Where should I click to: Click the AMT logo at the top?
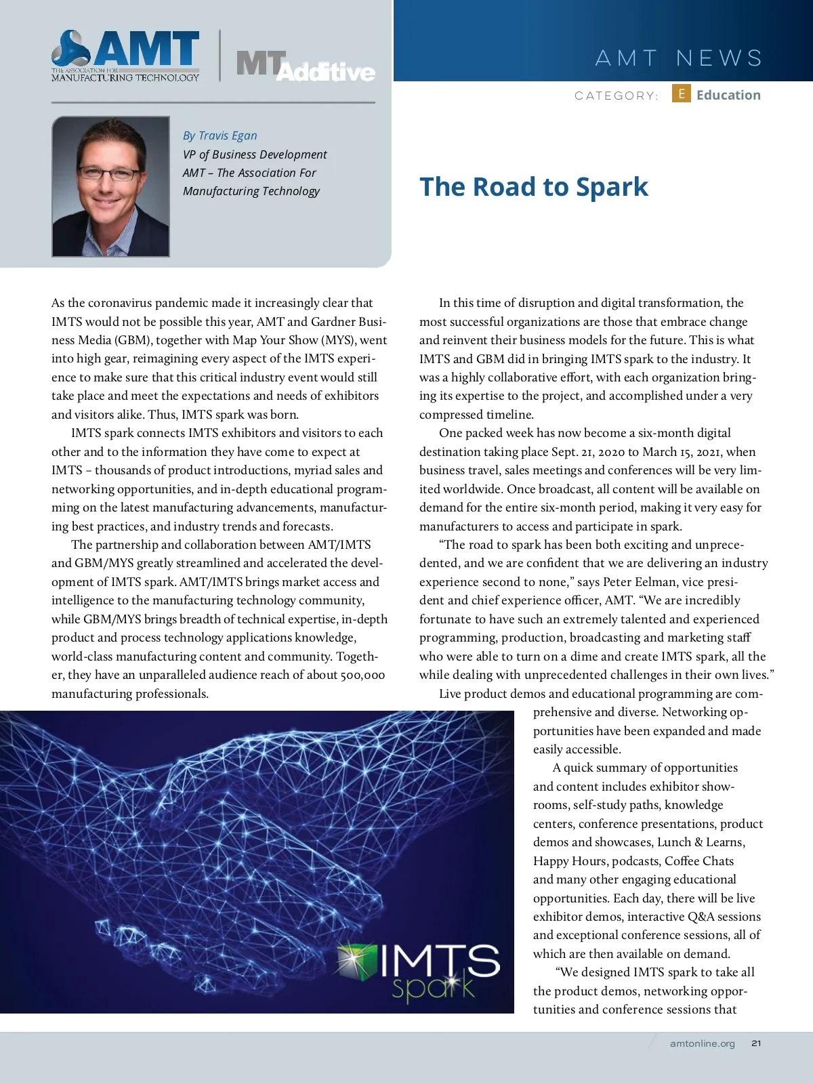[125, 56]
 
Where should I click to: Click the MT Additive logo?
[305, 66]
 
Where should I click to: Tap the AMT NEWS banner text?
[679, 58]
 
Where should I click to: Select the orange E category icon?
[681, 93]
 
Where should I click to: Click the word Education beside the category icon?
[728, 95]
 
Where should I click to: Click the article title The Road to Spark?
[534, 187]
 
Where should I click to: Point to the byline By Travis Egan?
[220, 135]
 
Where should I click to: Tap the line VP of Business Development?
[254, 154]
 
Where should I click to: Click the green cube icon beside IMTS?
[357, 962]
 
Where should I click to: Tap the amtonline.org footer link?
[702, 1043]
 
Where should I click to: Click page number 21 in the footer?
[756, 1043]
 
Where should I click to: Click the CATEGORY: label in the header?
[616, 96]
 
